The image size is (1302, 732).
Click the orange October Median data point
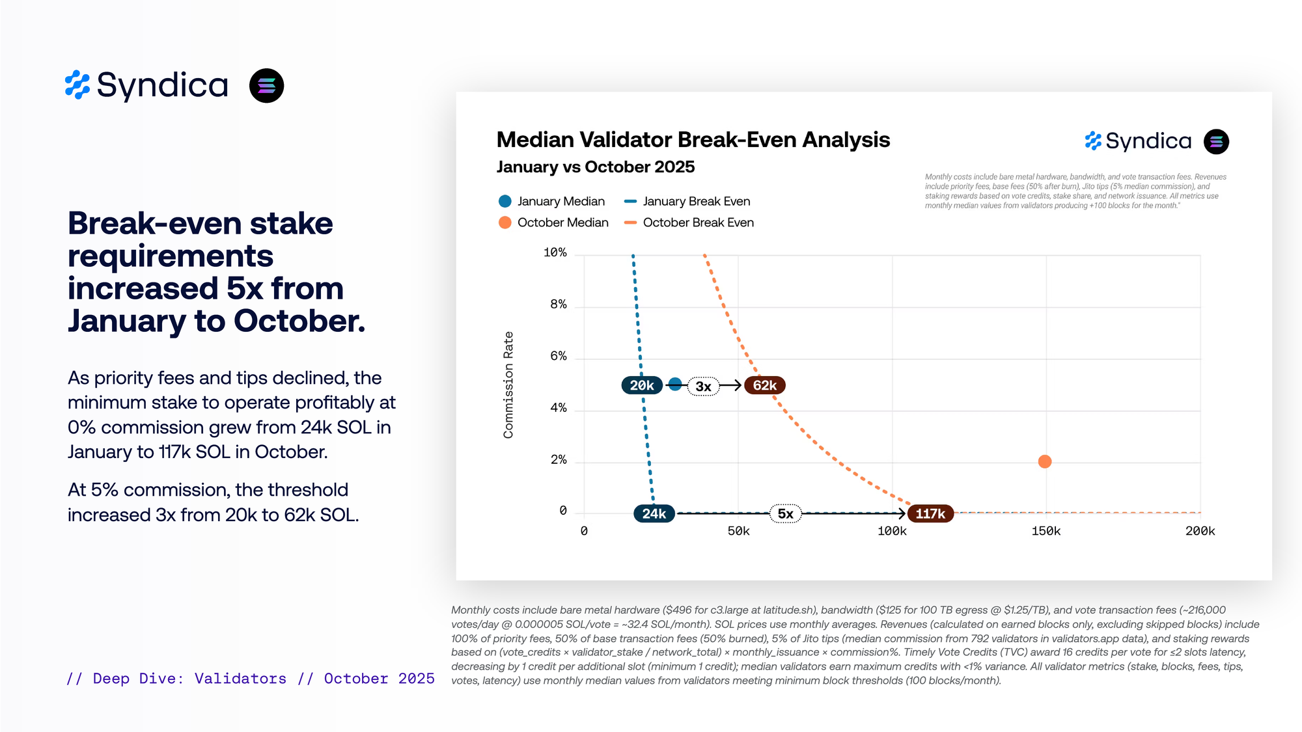[x=1044, y=461]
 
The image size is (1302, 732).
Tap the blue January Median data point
[x=675, y=384]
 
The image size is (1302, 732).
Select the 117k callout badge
[x=930, y=513]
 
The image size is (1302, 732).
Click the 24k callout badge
[x=654, y=513]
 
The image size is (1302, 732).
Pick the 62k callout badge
[x=764, y=385]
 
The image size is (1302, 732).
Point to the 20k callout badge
[x=641, y=385]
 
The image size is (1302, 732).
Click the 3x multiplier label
[x=703, y=386]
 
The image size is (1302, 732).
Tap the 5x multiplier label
[x=786, y=513]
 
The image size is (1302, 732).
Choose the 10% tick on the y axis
[x=555, y=252]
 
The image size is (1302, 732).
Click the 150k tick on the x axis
[x=1046, y=531]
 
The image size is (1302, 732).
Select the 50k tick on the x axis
[x=738, y=531]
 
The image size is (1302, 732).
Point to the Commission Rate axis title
[x=508, y=385]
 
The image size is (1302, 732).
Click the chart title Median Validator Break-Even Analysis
[x=693, y=139]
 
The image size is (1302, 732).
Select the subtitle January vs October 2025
[x=595, y=167]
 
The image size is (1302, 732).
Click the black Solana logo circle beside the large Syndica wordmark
[x=266, y=86]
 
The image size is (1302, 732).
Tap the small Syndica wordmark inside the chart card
[x=1148, y=141]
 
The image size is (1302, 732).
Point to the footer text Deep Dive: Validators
[x=189, y=679]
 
